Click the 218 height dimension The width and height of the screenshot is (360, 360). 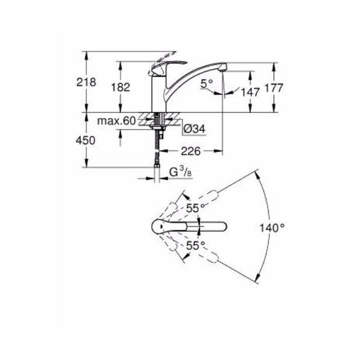(x=86, y=82)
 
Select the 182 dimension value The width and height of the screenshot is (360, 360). (x=121, y=87)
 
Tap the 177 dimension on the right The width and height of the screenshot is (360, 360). (x=274, y=88)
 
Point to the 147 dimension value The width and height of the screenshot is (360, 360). (x=250, y=92)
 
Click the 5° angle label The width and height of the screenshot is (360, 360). (x=206, y=83)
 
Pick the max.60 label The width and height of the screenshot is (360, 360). (x=116, y=121)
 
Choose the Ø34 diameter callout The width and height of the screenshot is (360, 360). (x=194, y=129)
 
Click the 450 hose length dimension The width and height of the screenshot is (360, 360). (x=85, y=140)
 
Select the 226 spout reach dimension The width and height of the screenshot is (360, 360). (x=191, y=151)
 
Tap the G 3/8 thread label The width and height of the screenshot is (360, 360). (x=180, y=172)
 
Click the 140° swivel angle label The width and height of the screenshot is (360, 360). (x=272, y=228)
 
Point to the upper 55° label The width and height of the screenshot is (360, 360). (x=196, y=208)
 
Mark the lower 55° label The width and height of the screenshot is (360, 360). (x=196, y=245)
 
